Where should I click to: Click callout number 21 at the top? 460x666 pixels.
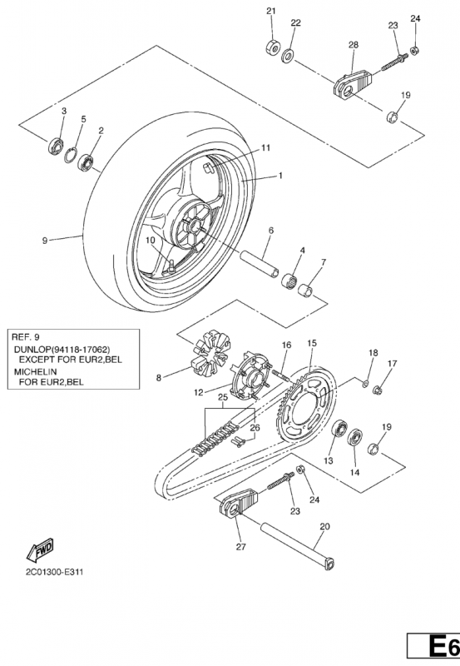tap(271, 11)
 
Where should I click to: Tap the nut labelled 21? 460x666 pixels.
tap(273, 47)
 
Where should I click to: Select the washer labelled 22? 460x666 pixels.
tap(289, 55)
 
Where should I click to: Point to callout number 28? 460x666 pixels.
tap(354, 44)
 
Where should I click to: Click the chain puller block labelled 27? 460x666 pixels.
tap(238, 504)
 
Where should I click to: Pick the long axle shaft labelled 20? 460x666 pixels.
tap(298, 546)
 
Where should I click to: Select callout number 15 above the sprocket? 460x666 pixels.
tap(312, 343)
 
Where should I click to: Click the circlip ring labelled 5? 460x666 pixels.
tap(71, 155)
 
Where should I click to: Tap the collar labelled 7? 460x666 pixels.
tap(306, 290)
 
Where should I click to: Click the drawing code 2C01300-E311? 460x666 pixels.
tap(54, 572)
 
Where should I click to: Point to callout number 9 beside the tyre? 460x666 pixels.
tap(45, 241)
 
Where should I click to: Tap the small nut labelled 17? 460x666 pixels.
tap(378, 389)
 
